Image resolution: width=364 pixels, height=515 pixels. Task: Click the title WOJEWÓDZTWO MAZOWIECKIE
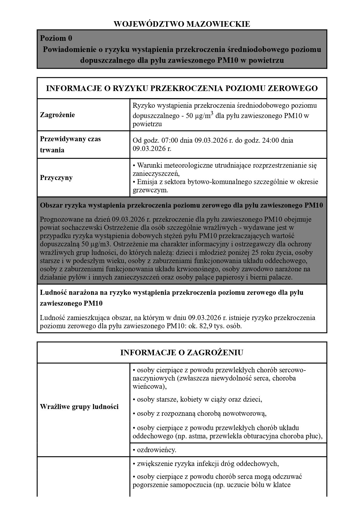coord(182,24)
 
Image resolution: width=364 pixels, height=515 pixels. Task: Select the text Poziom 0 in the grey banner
coord(56,38)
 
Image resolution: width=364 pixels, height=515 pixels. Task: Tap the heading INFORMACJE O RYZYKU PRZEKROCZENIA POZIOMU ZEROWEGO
coord(182,88)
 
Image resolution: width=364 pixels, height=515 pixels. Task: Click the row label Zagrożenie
coord(57,115)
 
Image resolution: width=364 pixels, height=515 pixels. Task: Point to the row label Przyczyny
coord(56,178)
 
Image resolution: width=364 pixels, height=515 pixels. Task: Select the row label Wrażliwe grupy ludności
coord(79,407)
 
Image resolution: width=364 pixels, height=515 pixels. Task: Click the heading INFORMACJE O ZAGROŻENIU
coord(182,353)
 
